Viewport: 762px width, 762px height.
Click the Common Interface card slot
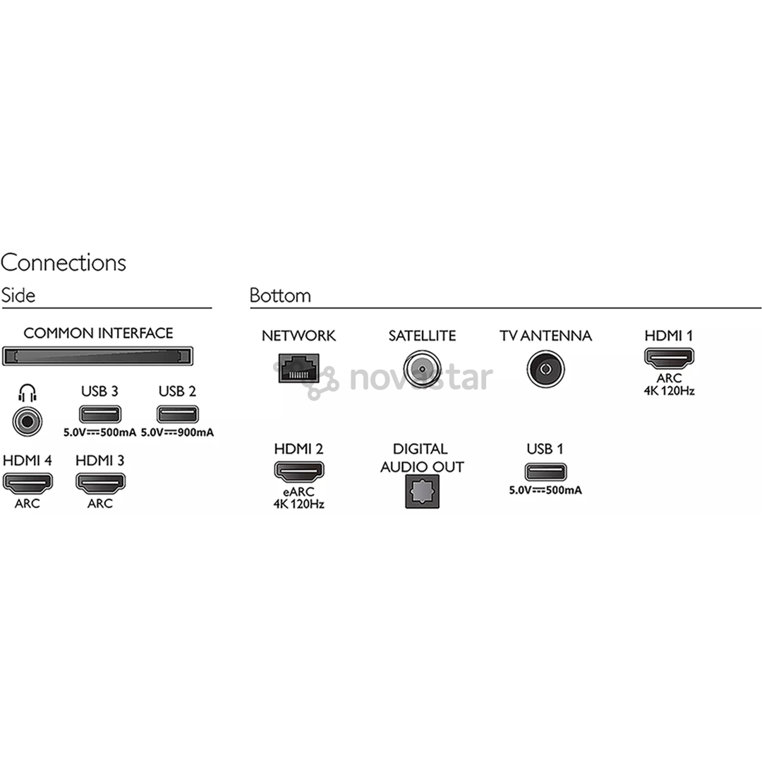(x=97, y=356)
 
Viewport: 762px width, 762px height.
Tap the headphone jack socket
(x=28, y=421)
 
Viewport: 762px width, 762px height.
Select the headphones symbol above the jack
(x=28, y=393)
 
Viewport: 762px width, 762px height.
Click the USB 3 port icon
(x=99, y=414)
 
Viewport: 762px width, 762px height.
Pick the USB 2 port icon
(x=177, y=414)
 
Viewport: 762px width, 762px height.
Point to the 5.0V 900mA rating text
(x=177, y=432)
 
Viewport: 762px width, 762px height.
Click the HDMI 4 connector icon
(x=28, y=483)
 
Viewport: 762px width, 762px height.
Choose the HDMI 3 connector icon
(x=100, y=483)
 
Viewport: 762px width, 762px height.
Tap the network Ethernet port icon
(x=298, y=368)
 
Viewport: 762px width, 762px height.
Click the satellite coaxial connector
(x=422, y=369)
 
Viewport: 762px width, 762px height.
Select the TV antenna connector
(x=545, y=369)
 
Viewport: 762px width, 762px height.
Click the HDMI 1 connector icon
(x=669, y=358)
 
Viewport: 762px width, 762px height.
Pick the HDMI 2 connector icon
(x=299, y=471)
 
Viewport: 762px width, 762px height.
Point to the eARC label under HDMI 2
(x=298, y=491)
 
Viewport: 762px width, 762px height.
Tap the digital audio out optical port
(x=422, y=491)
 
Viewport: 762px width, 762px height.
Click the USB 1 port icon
(x=545, y=472)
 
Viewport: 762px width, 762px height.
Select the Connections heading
(x=64, y=262)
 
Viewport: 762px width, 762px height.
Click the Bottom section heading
(x=280, y=296)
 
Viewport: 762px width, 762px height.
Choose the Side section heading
(x=18, y=296)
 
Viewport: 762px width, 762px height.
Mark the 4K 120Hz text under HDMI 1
(x=669, y=391)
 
